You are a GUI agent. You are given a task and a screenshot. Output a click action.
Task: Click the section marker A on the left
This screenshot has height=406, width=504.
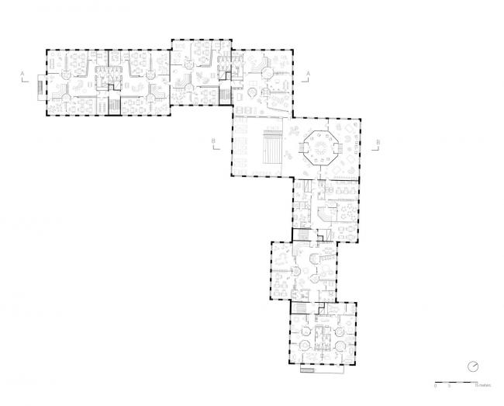23,72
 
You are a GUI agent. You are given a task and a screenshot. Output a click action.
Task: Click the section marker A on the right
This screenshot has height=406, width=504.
309,72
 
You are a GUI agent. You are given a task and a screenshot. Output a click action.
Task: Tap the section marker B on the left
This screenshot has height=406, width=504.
213,142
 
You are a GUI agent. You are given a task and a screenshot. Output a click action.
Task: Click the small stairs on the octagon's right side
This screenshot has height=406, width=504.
343,147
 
